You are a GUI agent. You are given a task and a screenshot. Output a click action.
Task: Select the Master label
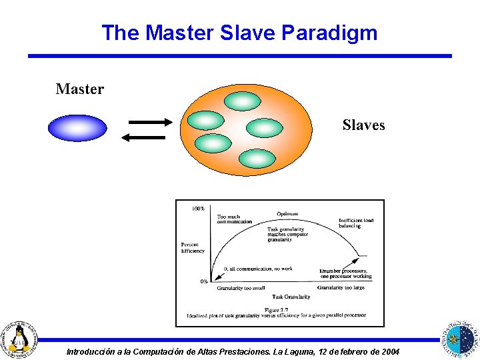[80, 89]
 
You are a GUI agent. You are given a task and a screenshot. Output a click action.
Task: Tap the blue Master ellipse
[77, 128]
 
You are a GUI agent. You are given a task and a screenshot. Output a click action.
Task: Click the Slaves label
[363, 125]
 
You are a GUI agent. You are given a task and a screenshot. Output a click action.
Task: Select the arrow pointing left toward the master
[143, 137]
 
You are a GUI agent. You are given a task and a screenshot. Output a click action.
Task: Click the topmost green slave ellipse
[242, 101]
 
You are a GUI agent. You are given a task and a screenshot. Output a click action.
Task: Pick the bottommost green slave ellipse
[256, 158]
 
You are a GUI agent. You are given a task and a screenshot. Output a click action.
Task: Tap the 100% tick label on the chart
[198, 209]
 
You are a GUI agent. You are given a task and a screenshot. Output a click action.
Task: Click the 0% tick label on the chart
[204, 281]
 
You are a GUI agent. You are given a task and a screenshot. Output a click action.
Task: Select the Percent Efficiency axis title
[193, 248]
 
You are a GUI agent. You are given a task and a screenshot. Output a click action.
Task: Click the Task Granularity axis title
[291, 297]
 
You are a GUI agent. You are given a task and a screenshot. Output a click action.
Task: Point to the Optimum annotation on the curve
[287, 214]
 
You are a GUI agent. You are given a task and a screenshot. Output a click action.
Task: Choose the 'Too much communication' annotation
[234, 219]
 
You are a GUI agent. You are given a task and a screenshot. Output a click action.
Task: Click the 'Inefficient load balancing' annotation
[355, 223]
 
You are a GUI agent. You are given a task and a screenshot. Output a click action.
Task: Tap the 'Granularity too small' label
[241, 288]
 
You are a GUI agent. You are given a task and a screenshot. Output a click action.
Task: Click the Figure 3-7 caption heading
[276, 309]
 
